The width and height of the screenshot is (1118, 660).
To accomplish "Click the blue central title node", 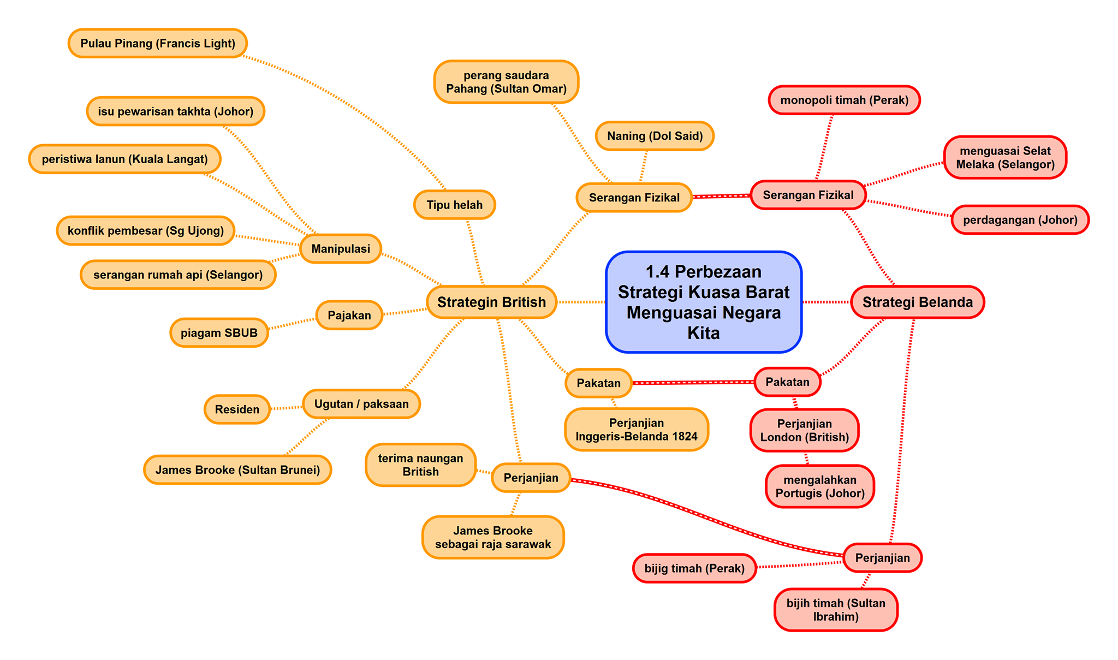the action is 704,302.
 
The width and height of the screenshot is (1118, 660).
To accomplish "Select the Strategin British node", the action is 491,302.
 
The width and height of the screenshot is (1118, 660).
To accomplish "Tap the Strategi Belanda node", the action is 918,302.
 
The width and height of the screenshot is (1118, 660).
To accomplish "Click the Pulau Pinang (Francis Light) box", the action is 158,43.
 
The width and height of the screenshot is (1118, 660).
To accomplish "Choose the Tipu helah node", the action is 455,205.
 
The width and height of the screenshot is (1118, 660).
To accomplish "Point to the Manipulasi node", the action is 341,249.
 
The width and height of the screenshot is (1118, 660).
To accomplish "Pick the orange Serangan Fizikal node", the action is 634,198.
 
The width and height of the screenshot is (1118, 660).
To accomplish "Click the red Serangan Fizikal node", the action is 808,195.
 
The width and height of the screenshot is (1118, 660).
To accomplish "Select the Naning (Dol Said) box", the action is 655,136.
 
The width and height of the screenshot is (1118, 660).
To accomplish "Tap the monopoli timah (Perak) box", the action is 845,100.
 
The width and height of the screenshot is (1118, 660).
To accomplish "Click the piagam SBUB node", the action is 219,333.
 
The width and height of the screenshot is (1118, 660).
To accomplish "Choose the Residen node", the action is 237,409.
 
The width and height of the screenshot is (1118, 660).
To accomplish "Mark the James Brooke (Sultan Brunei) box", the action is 237,470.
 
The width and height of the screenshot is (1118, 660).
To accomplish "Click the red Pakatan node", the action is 787,382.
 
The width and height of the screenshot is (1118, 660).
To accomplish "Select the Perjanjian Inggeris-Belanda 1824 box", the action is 637,430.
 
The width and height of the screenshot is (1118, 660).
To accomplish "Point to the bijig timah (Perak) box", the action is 694,568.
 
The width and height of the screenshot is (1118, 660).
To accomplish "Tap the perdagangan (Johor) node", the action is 1020,220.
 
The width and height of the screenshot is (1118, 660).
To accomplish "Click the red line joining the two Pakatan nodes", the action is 693,383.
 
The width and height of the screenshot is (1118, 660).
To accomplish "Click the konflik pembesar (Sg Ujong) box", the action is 146,230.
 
